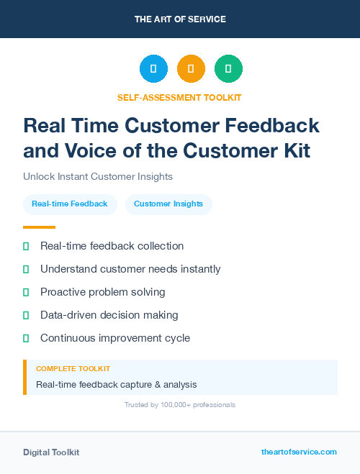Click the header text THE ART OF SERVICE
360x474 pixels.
point(180,19)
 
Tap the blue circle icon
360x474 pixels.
point(153,68)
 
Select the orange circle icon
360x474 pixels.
point(191,68)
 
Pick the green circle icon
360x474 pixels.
point(228,68)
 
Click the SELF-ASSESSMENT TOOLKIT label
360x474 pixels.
point(179,97)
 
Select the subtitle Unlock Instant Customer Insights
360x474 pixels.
point(98,176)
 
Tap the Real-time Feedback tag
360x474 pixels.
point(70,204)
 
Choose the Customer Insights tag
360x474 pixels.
point(168,204)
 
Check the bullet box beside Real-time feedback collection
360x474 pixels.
point(26,246)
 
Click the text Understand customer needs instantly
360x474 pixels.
point(130,269)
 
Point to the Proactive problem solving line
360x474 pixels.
point(102,292)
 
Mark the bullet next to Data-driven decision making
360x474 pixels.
point(26,315)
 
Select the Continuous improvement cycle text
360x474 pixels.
point(115,337)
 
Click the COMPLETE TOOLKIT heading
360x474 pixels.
point(73,368)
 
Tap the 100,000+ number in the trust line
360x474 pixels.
point(178,405)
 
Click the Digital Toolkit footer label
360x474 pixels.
point(51,452)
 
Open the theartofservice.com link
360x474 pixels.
point(299,452)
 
